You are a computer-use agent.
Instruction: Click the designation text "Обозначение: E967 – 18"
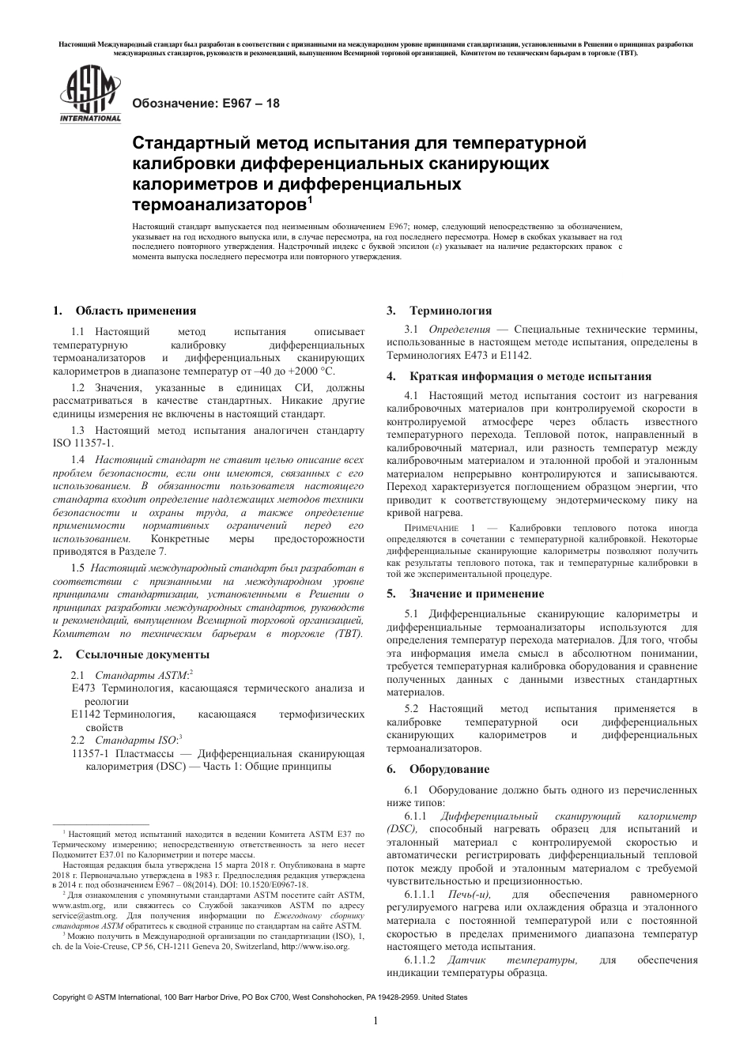coord(205,104)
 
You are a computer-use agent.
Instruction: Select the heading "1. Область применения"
coord(125,311)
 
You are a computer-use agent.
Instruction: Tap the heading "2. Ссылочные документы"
coord(131,654)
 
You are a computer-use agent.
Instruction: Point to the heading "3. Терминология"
coord(439,311)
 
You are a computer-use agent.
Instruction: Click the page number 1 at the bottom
coord(375,1020)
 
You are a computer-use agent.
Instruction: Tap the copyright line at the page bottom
coord(259,997)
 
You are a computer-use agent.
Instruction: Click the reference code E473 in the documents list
coord(83,688)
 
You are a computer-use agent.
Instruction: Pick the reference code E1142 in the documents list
coord(85,714)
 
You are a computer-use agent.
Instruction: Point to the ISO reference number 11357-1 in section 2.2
coord(92,753)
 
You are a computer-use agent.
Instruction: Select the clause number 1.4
coord(77,460)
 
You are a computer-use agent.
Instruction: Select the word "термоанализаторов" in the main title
coord(217,205)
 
